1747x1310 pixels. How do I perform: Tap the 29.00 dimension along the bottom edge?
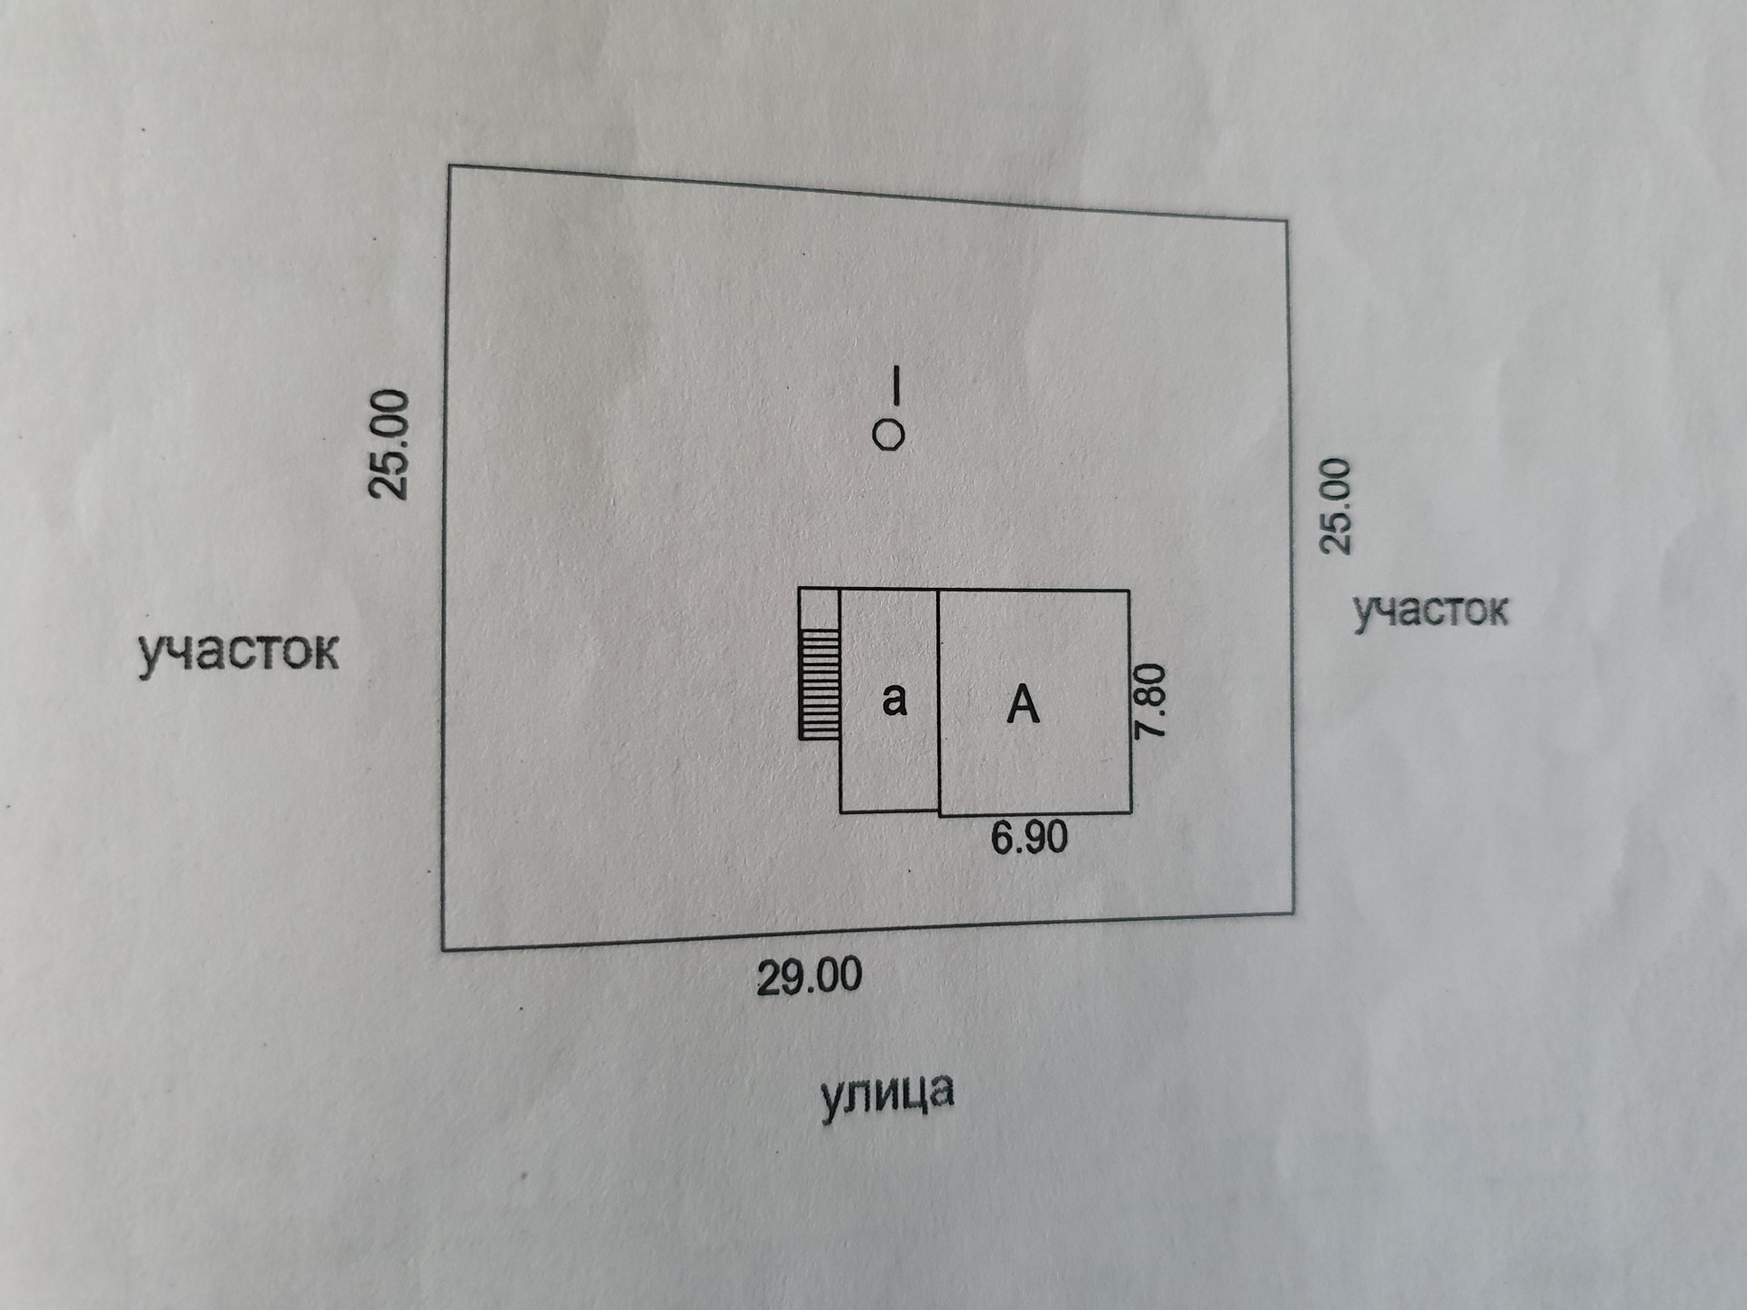click(x=809, y=977)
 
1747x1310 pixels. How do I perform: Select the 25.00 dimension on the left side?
click(x=389, y=444)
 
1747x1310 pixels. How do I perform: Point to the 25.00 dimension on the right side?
click(x=1336, y=506)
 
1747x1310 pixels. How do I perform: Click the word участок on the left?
click(x=238, y=651)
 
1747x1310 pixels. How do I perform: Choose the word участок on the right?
click(x=1429, y=610)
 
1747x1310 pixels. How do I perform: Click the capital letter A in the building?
click(x=1023, y=704)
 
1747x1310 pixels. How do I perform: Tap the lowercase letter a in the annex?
click(x=894, y=699)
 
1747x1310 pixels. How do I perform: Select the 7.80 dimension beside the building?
click(x=1150, y=700)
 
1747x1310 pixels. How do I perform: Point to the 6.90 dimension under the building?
click(x=1029, y=837)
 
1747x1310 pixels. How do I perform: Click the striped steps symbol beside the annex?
click(x=819, y=683)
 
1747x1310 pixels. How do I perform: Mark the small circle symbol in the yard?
click(x=888, y=436)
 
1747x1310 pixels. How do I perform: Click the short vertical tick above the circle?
click(x=896, y=384)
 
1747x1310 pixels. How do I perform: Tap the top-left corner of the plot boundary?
click(x=449, y=166)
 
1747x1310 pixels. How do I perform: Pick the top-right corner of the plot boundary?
click(x=1287, y=220)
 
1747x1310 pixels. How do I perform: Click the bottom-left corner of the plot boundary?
click(x=443, y=950)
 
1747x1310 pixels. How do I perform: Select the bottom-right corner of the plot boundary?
click(x=1293, y=912)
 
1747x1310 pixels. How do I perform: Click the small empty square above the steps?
click(x=819, y=609)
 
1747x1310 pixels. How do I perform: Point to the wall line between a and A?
click(x=938, y=700)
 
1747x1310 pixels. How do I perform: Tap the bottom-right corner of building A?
click(x=1131, y=811)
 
